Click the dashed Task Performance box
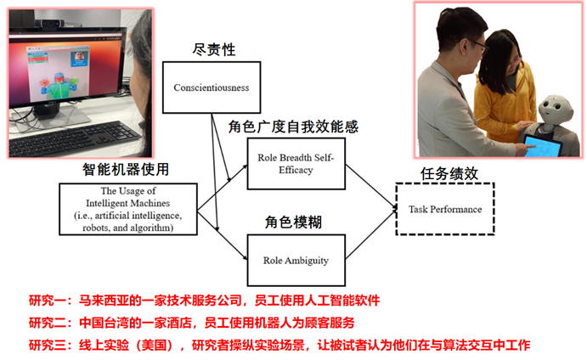445,210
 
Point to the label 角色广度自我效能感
293,127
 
